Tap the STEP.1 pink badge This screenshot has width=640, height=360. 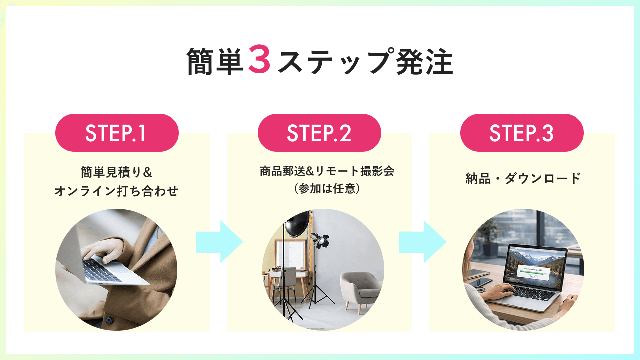117,133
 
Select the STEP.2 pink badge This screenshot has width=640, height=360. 319,133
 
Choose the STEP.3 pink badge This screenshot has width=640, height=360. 522,133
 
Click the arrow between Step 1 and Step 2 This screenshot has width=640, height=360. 219,242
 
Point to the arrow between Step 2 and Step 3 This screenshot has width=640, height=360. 423,242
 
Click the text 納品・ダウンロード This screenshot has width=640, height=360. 523,178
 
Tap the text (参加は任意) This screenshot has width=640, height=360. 327,189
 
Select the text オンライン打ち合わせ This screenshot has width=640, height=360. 116,191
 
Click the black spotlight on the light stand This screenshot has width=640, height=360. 319,239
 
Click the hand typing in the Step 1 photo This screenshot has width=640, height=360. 103,250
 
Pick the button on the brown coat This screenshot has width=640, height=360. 109,320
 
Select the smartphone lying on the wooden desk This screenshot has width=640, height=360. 480,282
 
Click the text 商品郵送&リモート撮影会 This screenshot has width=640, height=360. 327,171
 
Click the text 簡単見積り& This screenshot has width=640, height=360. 116,172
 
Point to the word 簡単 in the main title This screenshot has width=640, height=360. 215,61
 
